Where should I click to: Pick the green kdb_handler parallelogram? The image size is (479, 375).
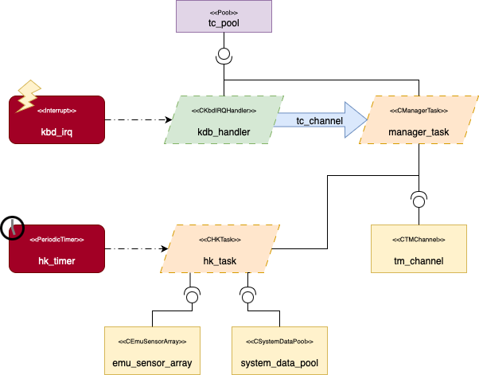click(224, 120)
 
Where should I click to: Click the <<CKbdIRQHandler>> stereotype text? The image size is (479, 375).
click(224, 111)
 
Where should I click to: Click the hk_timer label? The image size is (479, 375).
click(56, 259)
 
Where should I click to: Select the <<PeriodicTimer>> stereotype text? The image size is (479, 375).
click(56, 240)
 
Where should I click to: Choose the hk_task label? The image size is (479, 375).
click(220, 260)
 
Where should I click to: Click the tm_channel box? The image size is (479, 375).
click(419, 248)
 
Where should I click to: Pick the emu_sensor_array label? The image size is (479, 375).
click(152, 363)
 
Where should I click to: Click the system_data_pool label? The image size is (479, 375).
click(279, 363)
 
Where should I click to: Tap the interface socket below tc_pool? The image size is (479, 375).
click(224, 57)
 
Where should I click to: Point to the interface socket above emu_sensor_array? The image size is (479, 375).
click(191, 296)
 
